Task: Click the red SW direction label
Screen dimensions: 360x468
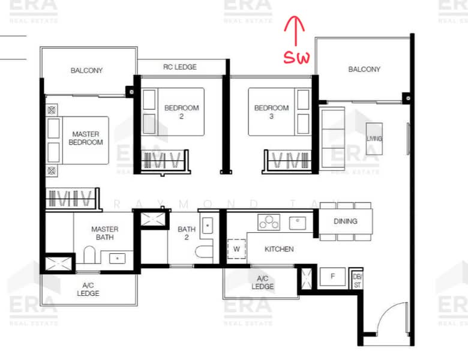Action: click(297, 58)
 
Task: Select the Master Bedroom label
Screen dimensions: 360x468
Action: click(86, 138)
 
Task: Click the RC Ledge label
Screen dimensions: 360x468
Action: click(179, 67)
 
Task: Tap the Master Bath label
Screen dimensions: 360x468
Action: click(104, 233)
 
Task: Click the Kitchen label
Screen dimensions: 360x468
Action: click(279, 248)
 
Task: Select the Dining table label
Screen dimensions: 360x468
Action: click(345, 221)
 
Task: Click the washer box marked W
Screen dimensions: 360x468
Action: click(236, 248)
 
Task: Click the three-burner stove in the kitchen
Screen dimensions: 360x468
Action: click(268, 222)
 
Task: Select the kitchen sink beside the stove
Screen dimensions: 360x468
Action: click(298, 223)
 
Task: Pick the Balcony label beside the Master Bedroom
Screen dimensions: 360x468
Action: click(86, 70)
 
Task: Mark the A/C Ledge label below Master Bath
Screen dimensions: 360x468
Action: click(88, 289)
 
